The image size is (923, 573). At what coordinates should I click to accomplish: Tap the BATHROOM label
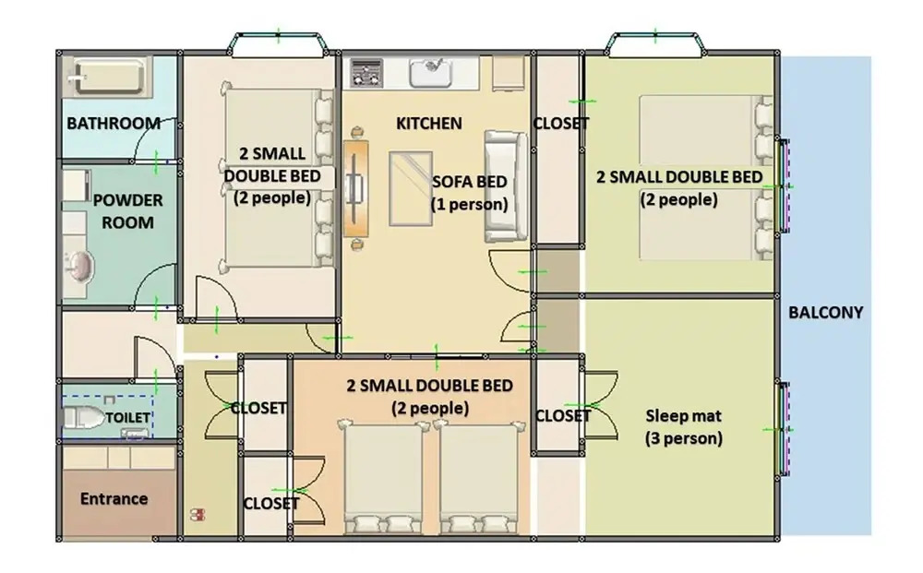[113, 124]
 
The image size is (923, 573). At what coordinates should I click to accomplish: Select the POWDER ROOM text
[127, 211]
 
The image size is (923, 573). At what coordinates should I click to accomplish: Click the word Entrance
[114, 499]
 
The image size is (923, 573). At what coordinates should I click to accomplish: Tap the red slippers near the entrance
[198, 515]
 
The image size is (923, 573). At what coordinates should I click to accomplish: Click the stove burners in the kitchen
[366, 73]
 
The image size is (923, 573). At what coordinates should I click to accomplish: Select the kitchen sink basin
[430, 73]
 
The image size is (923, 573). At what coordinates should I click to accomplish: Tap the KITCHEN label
[428, 124]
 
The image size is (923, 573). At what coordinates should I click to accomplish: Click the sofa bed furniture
[506, 185]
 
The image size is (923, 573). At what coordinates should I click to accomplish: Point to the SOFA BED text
[469, 182]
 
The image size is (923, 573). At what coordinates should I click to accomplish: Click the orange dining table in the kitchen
[356, 187]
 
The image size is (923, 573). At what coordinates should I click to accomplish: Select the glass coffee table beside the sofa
[411, 188]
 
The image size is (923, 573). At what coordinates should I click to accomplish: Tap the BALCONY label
[825, 313]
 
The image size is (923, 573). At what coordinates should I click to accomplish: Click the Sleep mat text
[683, 416]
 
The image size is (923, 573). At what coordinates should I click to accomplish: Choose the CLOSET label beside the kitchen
[560, 124]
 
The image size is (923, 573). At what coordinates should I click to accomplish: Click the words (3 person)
[683, 439]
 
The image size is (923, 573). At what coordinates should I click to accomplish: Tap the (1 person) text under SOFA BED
[469, 205]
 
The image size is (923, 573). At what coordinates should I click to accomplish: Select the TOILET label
[128, 418]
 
